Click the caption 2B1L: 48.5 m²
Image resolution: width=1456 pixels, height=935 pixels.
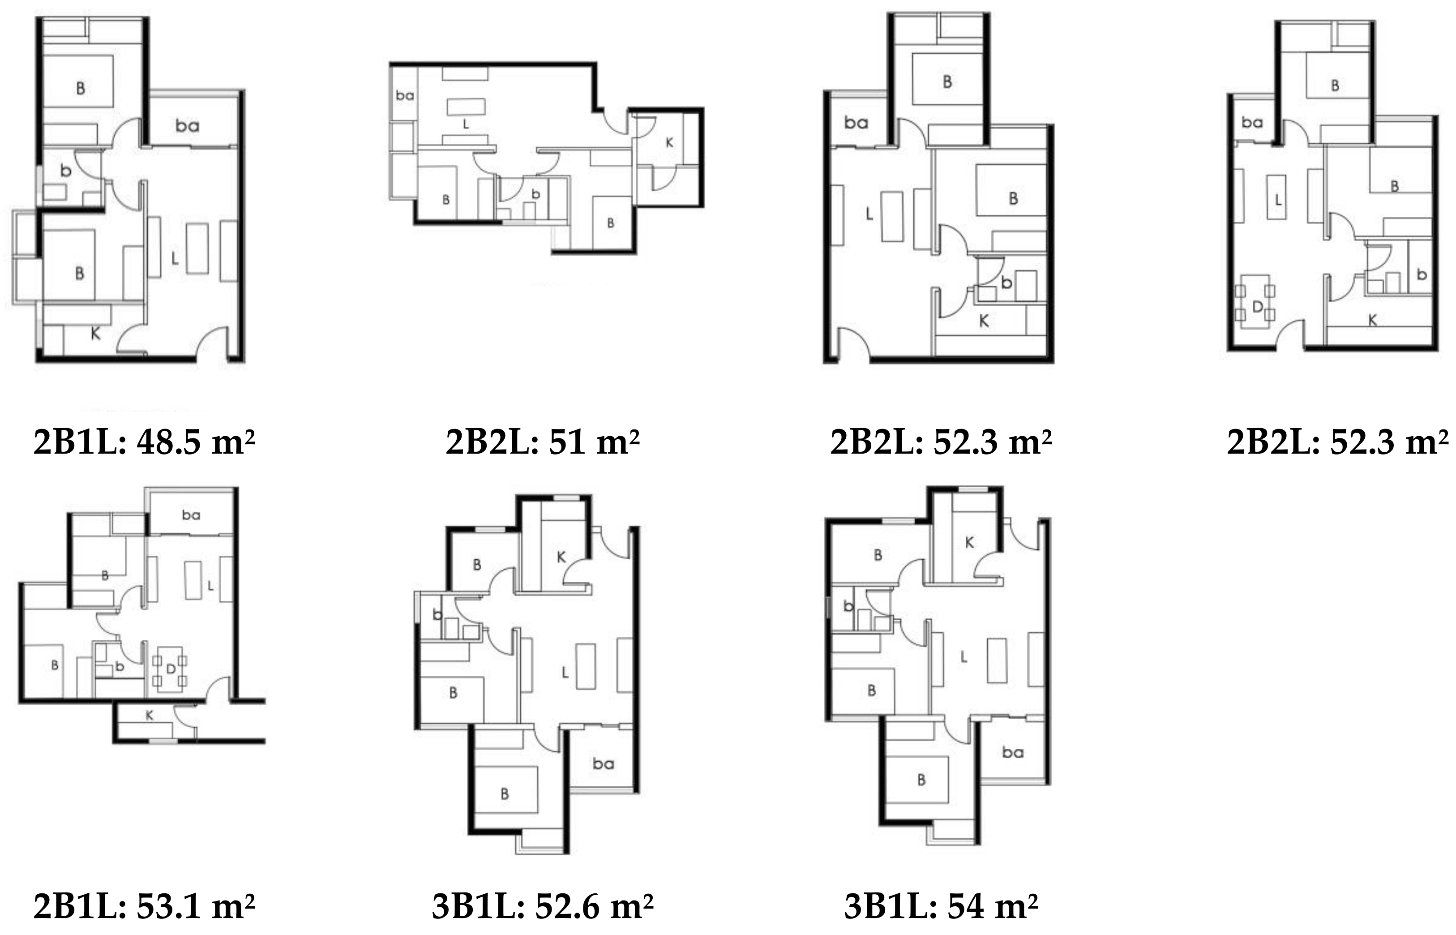coord(144,442)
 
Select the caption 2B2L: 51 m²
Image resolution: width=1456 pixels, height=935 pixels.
coord(542,442)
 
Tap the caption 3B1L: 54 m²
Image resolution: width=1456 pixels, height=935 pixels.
coord(941,906)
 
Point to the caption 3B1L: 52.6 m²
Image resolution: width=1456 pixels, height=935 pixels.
coord(542,906)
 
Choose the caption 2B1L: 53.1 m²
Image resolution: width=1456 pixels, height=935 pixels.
coord(144,906)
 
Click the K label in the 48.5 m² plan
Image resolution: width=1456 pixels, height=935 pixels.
coord(95,333)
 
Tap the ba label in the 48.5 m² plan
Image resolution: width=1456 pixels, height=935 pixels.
coord(187,126)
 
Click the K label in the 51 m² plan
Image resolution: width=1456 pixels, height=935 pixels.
coord(669,143)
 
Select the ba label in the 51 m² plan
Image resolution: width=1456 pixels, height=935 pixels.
coord(405,95)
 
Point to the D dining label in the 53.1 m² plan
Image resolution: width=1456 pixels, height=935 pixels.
coord(171,669)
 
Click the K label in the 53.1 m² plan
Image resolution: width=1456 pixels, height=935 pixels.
coord(149,716)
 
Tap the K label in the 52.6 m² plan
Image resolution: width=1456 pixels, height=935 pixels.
coord(561,557)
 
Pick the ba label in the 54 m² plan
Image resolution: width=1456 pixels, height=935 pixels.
coord(1012,752)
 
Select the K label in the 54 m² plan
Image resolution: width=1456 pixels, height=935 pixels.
coord(969,542)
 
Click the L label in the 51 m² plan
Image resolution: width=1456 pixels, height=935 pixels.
coord(466,124)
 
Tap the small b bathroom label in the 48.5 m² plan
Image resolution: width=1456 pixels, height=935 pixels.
coord(65,171)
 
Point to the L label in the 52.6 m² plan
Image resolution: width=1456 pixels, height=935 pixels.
coord(565,672)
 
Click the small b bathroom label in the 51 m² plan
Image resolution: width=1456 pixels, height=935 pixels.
coord(535,194)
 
